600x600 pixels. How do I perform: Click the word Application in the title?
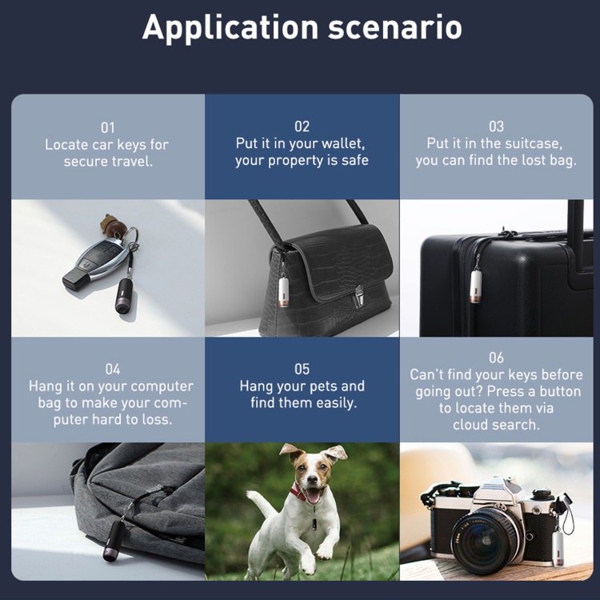click(x=230, y=28)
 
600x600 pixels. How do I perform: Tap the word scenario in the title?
click(x=395, y=27)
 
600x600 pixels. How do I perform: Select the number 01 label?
click(x=107, y=127)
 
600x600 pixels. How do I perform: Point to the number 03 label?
click(x=496, y=126)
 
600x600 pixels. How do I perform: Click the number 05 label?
click(x=302, y=369)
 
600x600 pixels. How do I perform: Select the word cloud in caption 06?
click(x=470, y=424)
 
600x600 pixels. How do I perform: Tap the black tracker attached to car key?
click(x=124, y=295)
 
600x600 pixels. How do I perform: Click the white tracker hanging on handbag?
click(x=284, y=291)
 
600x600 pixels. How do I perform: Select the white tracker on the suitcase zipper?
click(x=476, y=286)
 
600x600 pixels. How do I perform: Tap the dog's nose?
click(x=313, y=478)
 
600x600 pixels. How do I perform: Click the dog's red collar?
click(x=298, y=493)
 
